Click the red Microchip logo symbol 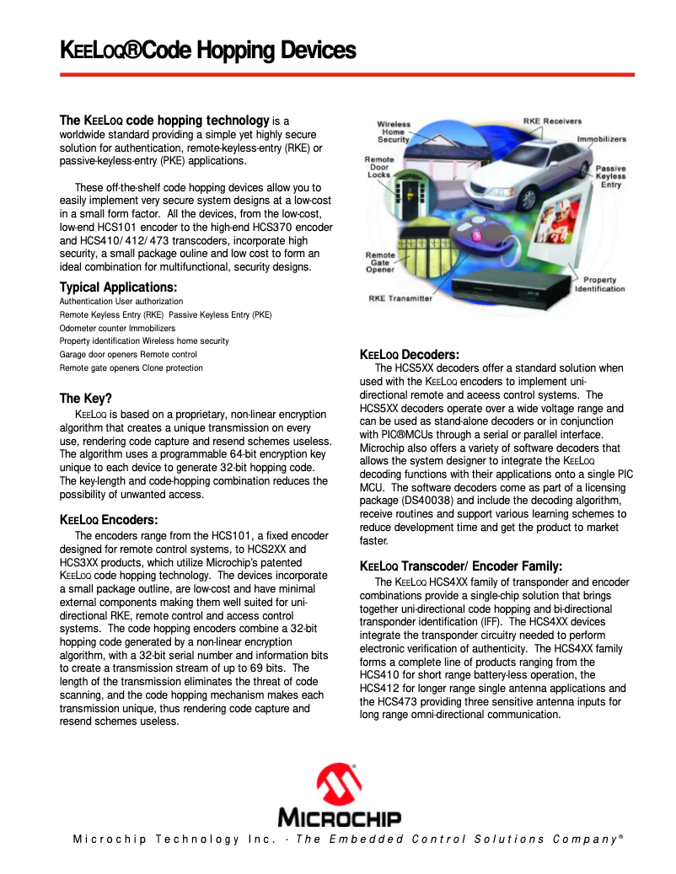click(x=339, y=785)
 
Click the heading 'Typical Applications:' click(x=118, y=287)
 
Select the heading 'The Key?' click(x=85, y=399)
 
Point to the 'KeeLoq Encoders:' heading click(x=109, y=520)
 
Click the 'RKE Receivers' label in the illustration click(x=552, y=121)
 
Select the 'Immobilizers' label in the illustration click(x=601, y=138)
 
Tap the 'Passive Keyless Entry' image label click(x=610, y=176)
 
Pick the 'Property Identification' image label click(x=599, y=284)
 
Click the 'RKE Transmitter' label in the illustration click(x=400, y=298)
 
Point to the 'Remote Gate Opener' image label click(x=379, y=262)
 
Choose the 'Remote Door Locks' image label click(x=379, y=167)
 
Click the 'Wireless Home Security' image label click(x=394, y=131)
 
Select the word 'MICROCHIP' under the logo click(x=339, y=818)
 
